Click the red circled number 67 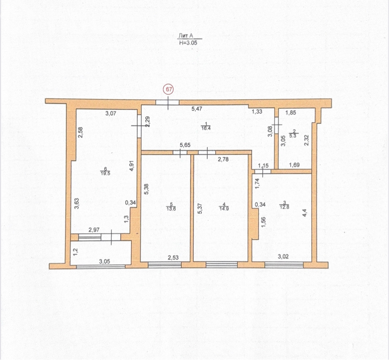[168, 90]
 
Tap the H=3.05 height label [188, 43]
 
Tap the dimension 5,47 [197, 109]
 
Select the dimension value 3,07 [110, 114]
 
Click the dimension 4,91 [132, 166]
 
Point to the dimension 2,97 [94, 230]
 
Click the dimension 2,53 [173, 258]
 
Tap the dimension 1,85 [291, 112]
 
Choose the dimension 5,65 [185, 145]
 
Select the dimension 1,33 [257, 112]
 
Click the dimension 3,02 [283, 257]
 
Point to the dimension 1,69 [295, 165]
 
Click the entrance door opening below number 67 [167, 102]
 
